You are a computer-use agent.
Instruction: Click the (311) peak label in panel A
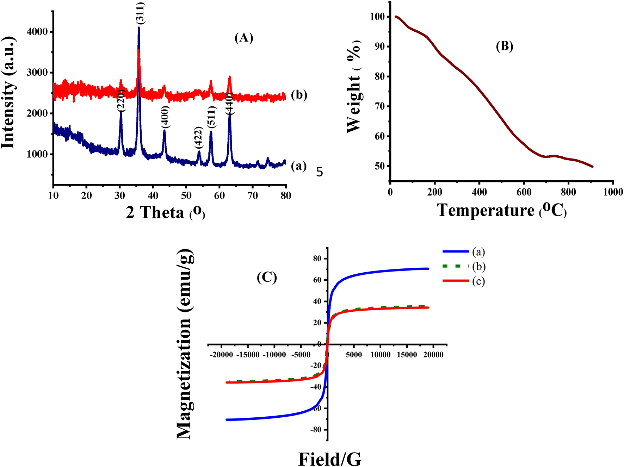click(141, 13)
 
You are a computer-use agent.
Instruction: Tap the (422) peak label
click(198, 138)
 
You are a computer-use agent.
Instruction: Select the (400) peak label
click(165, 117)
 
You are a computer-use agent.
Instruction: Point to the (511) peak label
click(211, 117)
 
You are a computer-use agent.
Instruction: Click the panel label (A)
click(244, 37)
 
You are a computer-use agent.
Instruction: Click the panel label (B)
click(504, 46)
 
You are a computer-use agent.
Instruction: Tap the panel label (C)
click(267, 278)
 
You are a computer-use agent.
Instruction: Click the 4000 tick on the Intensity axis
click(37, 32)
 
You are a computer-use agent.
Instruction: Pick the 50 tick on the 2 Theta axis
click(186, 195)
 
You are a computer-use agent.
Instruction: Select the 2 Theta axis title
click(165, 212)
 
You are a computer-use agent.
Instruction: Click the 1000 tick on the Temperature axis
click(613, 192)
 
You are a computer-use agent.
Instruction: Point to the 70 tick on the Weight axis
click(380, 106)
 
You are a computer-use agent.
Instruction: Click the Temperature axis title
click(502, 210)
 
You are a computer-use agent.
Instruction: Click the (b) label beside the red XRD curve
click(299, 95)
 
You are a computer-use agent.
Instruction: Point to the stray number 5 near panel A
click(319, 172)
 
